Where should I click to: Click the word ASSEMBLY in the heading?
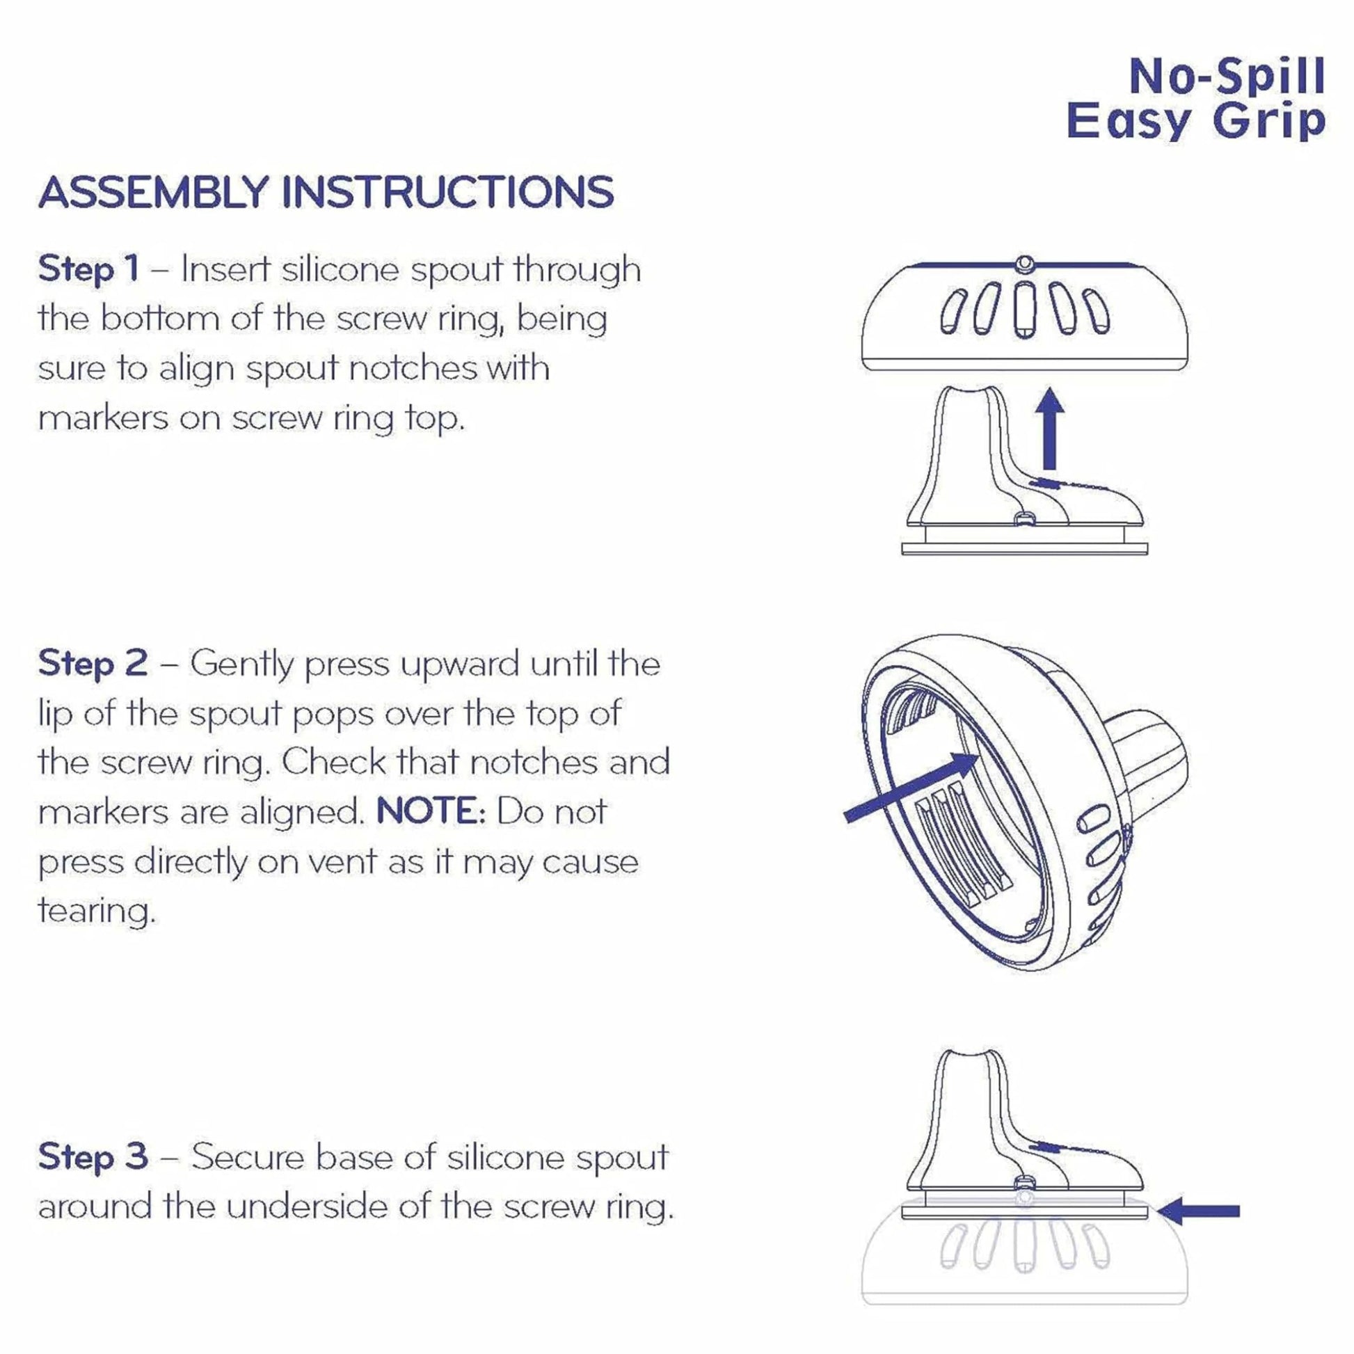[154, 192]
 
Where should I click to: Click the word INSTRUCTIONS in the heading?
[448, 192]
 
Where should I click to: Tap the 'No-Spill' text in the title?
[1227, 79]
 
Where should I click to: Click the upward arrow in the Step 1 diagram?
[1049, 428]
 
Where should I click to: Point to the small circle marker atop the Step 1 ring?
[1024, 264]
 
